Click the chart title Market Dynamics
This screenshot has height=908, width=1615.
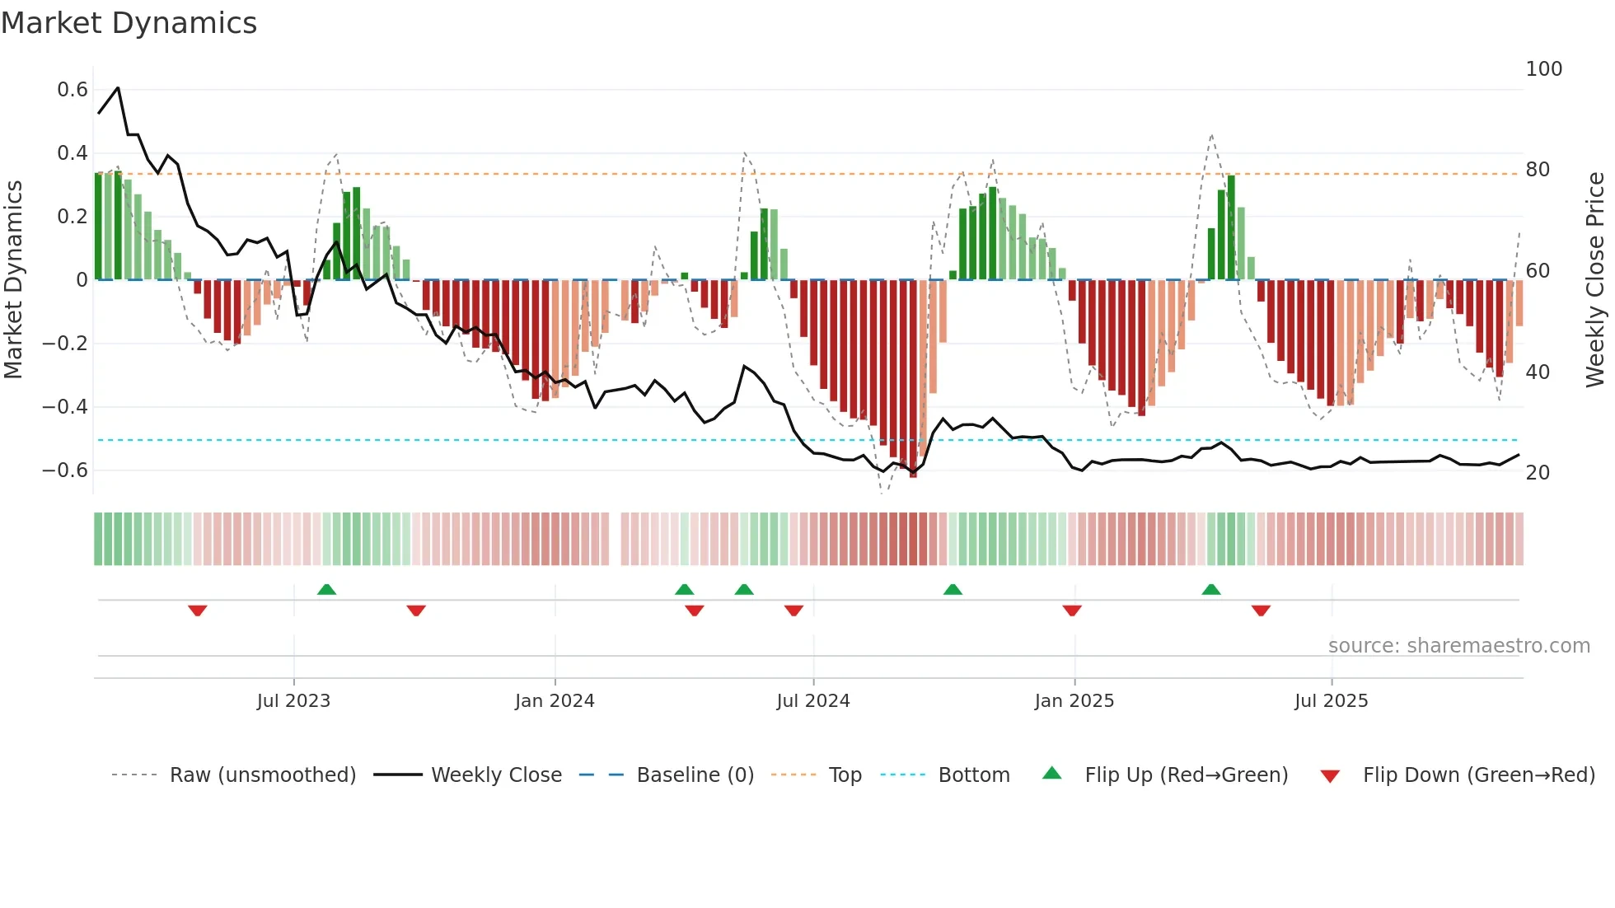[129, 23]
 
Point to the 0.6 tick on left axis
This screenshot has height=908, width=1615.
[73, 90]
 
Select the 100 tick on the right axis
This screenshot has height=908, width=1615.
[1543, 69]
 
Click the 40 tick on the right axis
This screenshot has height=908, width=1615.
[1538, 372]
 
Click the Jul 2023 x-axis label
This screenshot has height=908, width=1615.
[293, 701]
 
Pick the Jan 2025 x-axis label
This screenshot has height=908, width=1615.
[1074, 701]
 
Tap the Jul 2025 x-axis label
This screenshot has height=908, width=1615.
[1331, 701]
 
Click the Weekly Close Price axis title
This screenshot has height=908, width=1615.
[1595, 280]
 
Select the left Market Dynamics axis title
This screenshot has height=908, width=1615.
[13, 280]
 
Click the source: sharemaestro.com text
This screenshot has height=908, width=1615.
[1458, 646]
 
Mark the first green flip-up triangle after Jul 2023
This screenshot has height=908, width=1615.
[326, 589]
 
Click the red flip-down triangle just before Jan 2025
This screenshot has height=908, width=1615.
[1071, 611]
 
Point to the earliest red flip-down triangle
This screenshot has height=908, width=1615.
[197, 611]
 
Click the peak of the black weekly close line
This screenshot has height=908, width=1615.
[118, 88]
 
